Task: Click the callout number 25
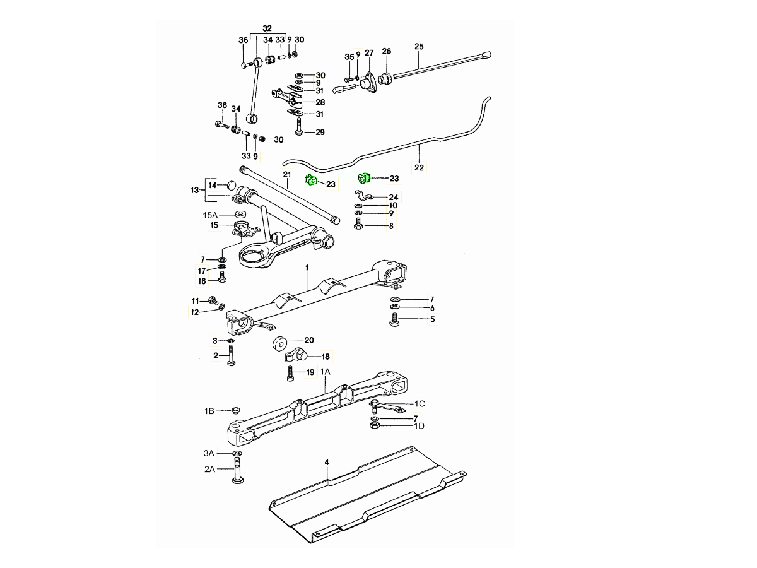pyautogui.click(x=420, y=47)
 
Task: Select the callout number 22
pyautogui.click(x=419, y=167)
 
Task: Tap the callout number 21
pyautogui.click(x=286, y=174)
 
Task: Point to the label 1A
pyautogui.click(x=326, y=372)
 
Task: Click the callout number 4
pyautogui.click(x=327, y=463)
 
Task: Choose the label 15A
pyautogui.click(x=210, y=215)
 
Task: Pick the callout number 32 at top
pyautogui.click(x=267, y=28)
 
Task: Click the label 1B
pyautogui.click(x=209, y=411)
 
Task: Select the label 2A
pyautogui.click(x=209, y=469)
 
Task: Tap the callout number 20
pyautogui.click(x=309, y=340)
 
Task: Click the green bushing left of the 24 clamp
pyautogui.click(x=365, y=179)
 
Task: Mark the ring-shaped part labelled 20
pyautogui.click(x=280, y=345)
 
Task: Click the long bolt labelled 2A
pyautogui.click(x=237, y=473)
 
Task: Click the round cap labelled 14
pyautogui.click(x=231, y=185)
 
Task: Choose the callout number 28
pyautogui.click(x=320, y=102)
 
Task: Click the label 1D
pyautogui.click(x=419, y=426)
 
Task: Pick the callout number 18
pyautogui.click(x=326, y=357)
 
